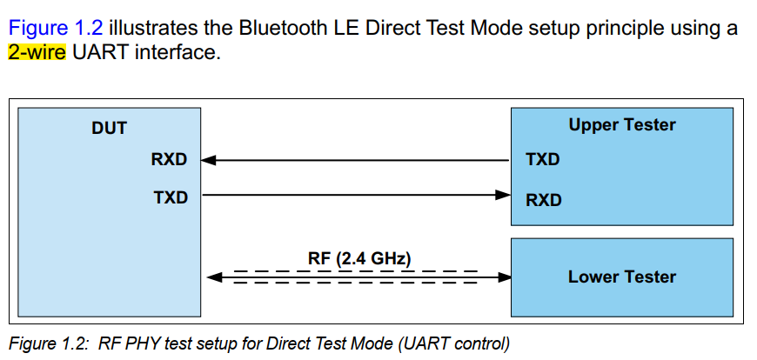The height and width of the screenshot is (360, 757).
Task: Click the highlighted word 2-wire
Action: [x=37, y=53]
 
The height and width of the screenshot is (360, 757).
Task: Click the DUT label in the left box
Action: [x=109, y=129]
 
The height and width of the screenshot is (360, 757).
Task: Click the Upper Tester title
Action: [x=621, y=125]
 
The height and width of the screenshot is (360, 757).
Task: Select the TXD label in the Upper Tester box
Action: [x=543, y=160]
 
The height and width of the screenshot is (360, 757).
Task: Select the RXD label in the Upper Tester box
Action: [x=544, y=200]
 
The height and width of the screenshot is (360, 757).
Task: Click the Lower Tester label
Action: [x=621, y=277]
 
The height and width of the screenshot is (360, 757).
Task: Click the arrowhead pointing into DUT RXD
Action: [x=209, y=160]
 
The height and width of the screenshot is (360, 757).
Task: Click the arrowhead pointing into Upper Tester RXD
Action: [x=502, y=196]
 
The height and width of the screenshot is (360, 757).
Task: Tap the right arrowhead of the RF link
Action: [x=504, y=277]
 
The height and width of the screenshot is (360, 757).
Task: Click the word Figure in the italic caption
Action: [x=32, y=343]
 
